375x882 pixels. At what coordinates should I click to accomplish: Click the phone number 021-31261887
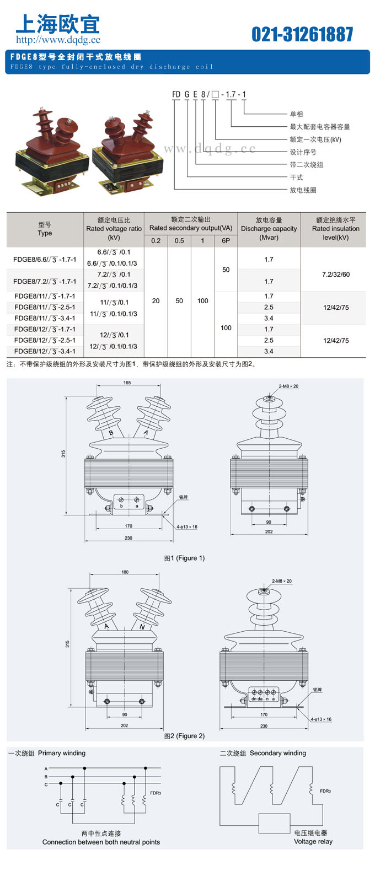pos(302,34)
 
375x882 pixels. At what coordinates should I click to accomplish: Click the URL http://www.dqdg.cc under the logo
pos(58,40)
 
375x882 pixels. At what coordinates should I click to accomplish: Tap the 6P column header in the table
pos(226,240)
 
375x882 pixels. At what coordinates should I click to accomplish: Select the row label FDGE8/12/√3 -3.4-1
pos(45,351)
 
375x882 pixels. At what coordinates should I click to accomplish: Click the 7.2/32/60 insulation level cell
pos(336,275)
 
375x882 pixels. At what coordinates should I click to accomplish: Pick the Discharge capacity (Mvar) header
pos(269,229)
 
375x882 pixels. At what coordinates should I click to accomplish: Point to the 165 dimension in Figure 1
pos(127,383)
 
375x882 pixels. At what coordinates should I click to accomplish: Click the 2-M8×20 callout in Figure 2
pos(282,581)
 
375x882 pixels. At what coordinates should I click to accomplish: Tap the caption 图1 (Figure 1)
pos(184,558)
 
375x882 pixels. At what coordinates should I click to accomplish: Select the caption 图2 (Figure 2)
pos(184,736)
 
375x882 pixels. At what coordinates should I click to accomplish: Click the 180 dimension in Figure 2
pos(125,572)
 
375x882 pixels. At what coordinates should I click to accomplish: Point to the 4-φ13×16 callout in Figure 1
pos(187,526)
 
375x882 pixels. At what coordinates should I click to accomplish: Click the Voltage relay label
pos(313,841)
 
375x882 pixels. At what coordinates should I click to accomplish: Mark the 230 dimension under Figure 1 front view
pos(128,538)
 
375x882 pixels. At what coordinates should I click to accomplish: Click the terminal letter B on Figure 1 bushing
pos(111,433)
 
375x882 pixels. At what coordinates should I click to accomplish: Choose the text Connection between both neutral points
pos(101,842)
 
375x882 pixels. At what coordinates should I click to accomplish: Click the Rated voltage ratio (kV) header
pos(114,229)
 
